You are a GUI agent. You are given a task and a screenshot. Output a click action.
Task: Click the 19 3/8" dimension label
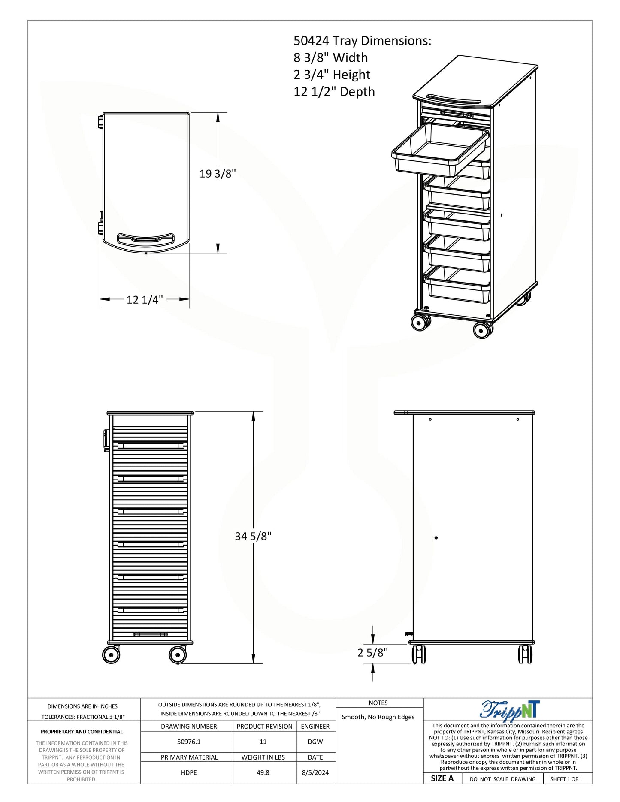(x=218, y=174)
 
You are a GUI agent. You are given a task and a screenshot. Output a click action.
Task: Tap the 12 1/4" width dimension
(x=145, y=300)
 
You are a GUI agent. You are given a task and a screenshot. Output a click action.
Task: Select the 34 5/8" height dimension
(x=253, y=536)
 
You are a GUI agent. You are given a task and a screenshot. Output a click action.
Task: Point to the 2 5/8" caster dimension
(x=372, y=652)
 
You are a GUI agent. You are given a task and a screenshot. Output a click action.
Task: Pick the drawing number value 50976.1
(x=189, y=742)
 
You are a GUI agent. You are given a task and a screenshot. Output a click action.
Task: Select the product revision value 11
(x=263, y=742)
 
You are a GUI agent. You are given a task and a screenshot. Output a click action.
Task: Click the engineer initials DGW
(x=315, y=742)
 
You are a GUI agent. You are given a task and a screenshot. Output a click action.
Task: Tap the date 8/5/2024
(x=315, y=772)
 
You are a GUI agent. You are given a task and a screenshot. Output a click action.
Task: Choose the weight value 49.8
(x=263, y=772)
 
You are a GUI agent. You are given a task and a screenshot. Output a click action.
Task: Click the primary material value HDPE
(x=189, y=772)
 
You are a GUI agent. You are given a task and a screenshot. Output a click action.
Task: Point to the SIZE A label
(x=442, y=778)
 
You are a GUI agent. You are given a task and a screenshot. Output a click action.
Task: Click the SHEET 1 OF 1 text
(x=566, y=779)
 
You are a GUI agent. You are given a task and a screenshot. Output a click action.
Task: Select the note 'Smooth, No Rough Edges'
(x=378, y=717)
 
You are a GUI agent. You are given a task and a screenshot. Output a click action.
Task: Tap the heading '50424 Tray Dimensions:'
(x=363, y=41)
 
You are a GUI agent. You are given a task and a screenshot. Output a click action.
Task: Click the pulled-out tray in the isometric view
(x=440, y=151)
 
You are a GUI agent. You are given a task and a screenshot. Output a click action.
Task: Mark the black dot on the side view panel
(x=436, y=537)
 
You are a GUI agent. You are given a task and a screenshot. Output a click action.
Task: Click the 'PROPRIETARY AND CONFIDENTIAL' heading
(x=82, y=732)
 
